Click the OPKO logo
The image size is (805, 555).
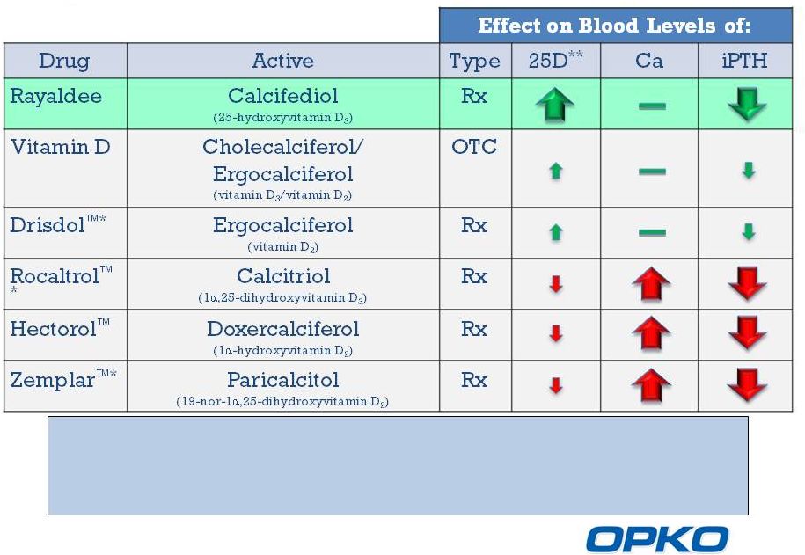point(657,539)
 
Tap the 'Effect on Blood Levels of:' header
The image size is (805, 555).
point(614,26)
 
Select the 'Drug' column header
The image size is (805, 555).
point(64,61)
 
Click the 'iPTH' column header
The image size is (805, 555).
point(744,61)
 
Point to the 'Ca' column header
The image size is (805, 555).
point(649,61)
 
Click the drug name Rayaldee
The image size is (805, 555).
point(55,97)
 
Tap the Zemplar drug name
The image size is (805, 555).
point(53,381)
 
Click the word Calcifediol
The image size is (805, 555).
point(283,96)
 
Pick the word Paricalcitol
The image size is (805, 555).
point(283,380)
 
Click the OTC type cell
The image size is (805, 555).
point(474,147)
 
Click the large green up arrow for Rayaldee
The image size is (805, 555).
point(555,104)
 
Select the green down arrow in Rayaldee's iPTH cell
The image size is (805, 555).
point(747,104)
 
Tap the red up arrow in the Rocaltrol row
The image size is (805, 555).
point(651,284)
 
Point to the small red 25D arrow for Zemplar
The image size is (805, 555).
point(555,385)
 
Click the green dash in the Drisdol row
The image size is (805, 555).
point(652,232)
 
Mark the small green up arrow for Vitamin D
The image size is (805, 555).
point(555,171)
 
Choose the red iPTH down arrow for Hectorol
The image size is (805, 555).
point(747,333)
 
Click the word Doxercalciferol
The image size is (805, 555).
point(283,329)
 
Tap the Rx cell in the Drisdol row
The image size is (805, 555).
point(474,225)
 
